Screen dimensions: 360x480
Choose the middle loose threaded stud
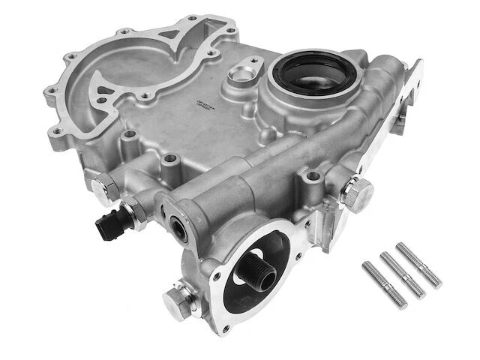[402, 274]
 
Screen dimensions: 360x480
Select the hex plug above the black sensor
[106, 189]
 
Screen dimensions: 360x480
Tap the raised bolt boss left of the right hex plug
[312, 179]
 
